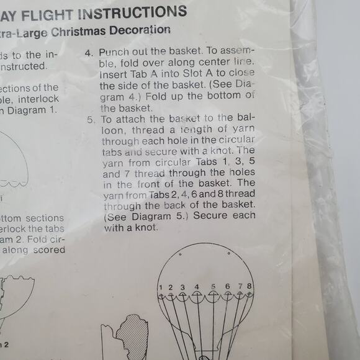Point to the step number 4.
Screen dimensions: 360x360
[x=88, y=53]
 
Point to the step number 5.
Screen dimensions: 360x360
[x=90, y=119]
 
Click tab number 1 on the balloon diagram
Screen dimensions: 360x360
[x=160, y=287]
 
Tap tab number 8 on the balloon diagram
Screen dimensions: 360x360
[x=249, y=286]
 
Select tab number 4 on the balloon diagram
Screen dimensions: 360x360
[x=197, y=287]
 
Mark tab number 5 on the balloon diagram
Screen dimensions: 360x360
[x=213, y=287]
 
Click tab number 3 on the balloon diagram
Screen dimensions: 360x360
[x=182, y=287]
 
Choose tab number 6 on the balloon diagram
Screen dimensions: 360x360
[x=228, y=287]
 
